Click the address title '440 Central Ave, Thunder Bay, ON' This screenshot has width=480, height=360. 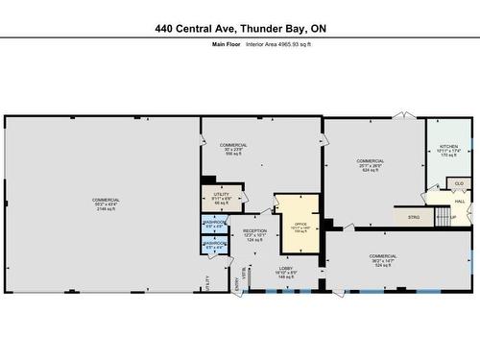coord(240,29)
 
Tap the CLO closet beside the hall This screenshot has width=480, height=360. coord(459,183)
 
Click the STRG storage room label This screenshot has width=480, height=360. coord(414,218)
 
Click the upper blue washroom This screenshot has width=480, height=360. coord(214,227)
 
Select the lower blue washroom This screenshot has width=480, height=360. coord(214,246)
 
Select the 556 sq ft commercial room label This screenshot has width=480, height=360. coord(233,149)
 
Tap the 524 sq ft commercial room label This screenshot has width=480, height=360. coord(383,259)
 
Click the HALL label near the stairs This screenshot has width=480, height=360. coord(460,201)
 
